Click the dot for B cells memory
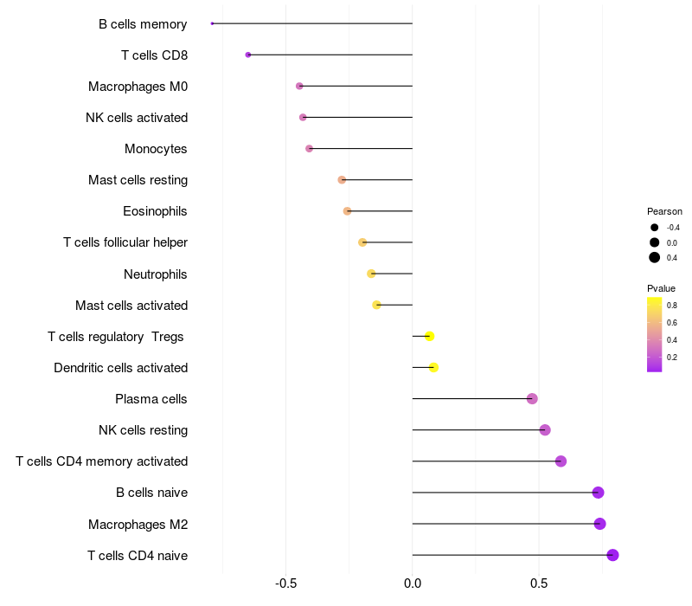click(x=212, y=23)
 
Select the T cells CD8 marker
click(x=248, y=55)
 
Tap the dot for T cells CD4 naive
click(x=612, y=555)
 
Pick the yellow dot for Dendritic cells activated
click(x=433, y=367)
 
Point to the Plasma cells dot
click(x=532, y=399)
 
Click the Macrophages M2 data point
click(x=599, y=524)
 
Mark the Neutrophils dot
click(x=371, y=274)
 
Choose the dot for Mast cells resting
click(x=342, y=180)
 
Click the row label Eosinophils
click(x=155, y=211)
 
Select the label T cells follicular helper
click(x=125, y=242)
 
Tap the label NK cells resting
click(x=143, y=430)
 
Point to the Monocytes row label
click(x=156, y=149)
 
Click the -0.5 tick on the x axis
click(x=285, y=583)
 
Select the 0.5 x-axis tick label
click(x=539, y=583)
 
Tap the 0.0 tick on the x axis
click(x=413, y=583)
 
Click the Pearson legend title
click(x=664, y=211)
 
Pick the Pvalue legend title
click(x=661, y=288)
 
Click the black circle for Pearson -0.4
click(x=655, y=228)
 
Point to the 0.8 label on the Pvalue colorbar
click(x=672, y=306)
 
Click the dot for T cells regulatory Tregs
click(x=429, y=336)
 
